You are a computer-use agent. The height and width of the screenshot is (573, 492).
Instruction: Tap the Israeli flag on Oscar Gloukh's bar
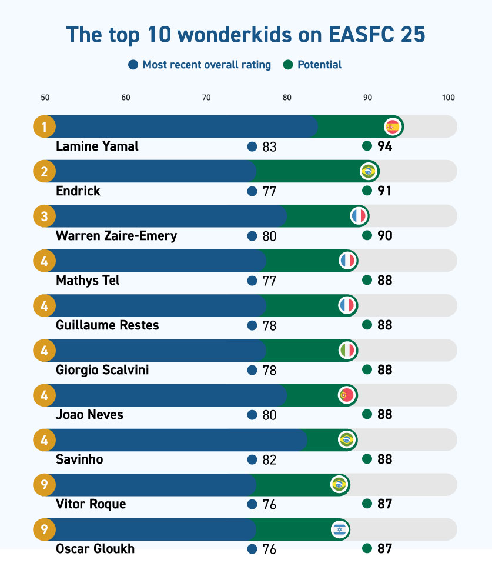(340, 529)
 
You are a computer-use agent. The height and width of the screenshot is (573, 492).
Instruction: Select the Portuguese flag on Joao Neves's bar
(347, 395)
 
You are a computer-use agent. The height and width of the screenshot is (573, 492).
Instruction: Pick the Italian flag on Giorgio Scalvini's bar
(347, 351)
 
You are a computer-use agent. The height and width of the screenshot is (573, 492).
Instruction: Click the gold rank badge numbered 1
(44, 127)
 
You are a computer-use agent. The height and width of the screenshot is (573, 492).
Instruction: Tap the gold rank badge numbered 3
(44, 216)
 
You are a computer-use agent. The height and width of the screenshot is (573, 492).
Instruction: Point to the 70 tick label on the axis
(206, 98)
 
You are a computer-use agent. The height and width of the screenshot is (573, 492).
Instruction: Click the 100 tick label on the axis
(449, 98)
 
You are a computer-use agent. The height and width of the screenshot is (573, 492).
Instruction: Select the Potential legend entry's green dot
(288, 65)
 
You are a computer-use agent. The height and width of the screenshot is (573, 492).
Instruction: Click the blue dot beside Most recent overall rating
(133, 65)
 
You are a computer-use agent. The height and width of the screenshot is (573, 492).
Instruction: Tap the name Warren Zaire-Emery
(116, 236)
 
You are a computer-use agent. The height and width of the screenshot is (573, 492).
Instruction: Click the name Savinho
(79, 459)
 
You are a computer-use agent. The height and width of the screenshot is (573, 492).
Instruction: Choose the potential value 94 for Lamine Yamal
(384, 146)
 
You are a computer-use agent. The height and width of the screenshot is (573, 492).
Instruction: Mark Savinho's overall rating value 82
(270, 459)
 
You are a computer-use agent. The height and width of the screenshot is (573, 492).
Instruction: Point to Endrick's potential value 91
(384, 191)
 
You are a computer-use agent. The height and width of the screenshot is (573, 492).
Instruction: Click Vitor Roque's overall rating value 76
(270, 504)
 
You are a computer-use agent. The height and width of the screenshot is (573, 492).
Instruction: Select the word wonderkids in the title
(235, 35)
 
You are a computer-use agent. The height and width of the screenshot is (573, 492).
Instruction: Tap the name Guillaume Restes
(108, 325)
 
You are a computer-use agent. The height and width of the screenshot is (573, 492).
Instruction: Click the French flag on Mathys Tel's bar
(347, 261)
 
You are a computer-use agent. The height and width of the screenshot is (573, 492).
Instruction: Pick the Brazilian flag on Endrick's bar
(368, 171)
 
